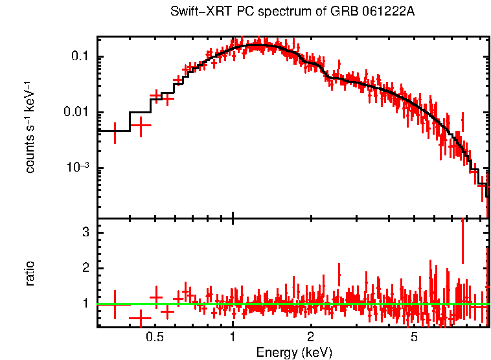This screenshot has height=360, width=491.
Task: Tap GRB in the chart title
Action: click(x=332, y=12)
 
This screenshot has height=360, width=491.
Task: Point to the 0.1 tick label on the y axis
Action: click(x=80, y=57)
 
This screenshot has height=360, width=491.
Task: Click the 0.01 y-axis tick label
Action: click(x=76, y=113)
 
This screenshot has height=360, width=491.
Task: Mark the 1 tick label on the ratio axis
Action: click(x=84, y=303)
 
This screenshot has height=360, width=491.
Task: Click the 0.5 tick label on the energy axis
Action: click(x=154, y=337)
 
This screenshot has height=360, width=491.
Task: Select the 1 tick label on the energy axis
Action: click(x=233, y=337)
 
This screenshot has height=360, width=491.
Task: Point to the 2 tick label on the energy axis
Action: click(x=311, y=337)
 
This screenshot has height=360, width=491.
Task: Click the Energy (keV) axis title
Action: click(x=294, y=353)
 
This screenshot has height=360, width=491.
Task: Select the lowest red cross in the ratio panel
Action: click(x=140, y=318)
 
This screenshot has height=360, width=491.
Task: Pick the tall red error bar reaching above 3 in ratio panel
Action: click(x=462, y=242)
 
